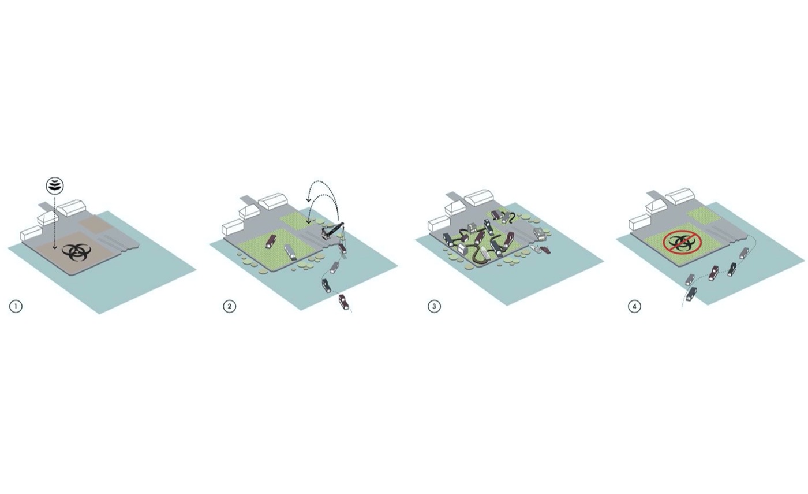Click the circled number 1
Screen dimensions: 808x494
[x=16, y=307]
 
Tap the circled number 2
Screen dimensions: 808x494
[x=230, y=307]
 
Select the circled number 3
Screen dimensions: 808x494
[x=434, y=307]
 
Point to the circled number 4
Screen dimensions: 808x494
[x=634, y=307]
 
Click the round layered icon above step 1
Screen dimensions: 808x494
[x=55, y=186]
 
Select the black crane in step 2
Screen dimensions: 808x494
[x=332, y=232]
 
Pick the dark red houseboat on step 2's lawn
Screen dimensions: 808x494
[x=271, y=242]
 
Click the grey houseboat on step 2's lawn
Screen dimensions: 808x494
[x=291, y=252]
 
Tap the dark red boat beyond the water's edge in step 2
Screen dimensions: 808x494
[x=344, y=303]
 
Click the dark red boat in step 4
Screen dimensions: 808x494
[x=713, y=273]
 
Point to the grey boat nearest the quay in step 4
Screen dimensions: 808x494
[x=744, y=253]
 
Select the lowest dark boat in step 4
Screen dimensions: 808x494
[x=691, y=294]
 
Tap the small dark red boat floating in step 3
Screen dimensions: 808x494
[x=545, y=250]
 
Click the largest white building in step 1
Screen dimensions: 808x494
[x=72, y=209]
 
